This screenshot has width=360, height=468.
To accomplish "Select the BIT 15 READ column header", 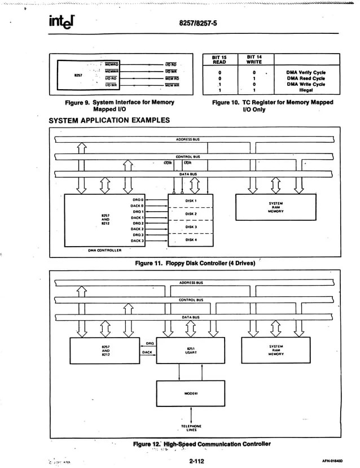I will [x=219, y=60].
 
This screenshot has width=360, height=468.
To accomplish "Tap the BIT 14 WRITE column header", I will [x=254, y=60].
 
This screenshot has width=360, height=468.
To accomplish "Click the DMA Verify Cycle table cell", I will [x=305, y=72].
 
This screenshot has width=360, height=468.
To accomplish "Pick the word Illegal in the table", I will [x=306, y=89].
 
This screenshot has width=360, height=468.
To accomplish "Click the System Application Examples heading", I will [x=109, y=120].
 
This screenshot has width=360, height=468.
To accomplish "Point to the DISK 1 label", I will [x=191, y=200].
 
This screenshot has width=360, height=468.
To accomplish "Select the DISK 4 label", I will [x=191, y=240].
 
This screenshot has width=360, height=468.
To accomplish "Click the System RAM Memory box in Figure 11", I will [x=276, y=207].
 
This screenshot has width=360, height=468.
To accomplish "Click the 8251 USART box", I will [x=190, y=351].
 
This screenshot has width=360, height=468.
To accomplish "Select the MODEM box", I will [x=190, y=393].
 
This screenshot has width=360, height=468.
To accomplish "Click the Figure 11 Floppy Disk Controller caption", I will [x=195, y=263].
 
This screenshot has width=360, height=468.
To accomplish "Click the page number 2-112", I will [x=196, y=461].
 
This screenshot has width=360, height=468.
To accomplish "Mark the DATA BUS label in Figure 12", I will [x=191, y=317].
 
